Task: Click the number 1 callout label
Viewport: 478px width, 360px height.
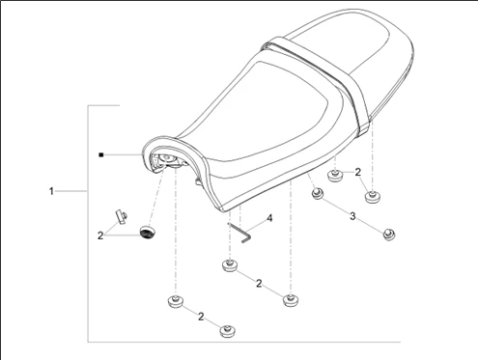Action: [x=51, y=191]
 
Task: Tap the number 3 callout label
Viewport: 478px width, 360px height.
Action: [x=352, y=216]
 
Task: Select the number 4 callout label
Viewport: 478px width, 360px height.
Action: [x=269, y=218]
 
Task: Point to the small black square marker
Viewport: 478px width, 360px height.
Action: [x=101, y=155]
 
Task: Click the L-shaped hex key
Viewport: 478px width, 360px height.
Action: [x=239, y=233]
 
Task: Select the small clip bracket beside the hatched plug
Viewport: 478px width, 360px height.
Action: [x=121, y=217]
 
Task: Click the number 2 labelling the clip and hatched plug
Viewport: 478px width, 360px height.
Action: [x=100, y=235]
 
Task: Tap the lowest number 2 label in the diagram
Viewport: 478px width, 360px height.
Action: [x=201, y=317]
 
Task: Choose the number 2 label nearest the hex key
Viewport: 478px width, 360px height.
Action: [x=259, y=284]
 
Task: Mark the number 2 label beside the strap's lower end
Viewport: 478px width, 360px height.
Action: [x=358, y=173]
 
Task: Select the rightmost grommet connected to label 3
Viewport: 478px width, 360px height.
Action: [x=389, y=235]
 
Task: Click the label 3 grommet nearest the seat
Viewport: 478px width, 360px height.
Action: [x=318, y=193]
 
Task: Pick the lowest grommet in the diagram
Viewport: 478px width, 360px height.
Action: [x=228, y=331]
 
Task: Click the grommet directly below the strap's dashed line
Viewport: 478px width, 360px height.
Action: [x=372, y=197]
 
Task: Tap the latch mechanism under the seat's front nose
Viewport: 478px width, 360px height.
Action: [x=167, y=161]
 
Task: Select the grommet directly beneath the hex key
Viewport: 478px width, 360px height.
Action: [x=230, y=265]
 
